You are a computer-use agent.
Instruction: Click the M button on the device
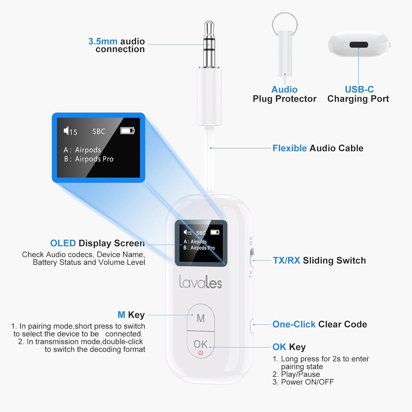[201, 318]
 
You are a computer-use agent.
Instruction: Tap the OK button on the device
[200, 344]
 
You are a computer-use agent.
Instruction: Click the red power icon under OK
[201, 353]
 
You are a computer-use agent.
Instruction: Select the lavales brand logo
[200, 282]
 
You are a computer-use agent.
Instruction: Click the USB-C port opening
[359, 45]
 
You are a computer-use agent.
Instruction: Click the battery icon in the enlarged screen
[127, 131]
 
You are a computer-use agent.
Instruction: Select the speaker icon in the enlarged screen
[66, 131]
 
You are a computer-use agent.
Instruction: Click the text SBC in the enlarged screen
[99, 131]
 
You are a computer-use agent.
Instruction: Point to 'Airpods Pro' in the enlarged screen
[94, 159]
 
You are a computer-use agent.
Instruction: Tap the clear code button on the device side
[252, 325]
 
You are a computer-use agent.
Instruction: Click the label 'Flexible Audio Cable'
[318, 148]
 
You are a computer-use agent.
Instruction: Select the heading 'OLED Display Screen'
[97, 243]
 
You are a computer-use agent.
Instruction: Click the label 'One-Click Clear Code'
[319, 324]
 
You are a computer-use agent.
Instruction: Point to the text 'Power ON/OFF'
[307, 382]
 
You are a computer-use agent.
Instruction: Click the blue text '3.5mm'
[103, 41]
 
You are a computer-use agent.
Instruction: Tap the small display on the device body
[201, 243]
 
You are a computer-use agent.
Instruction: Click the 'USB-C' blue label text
[359, 90]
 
